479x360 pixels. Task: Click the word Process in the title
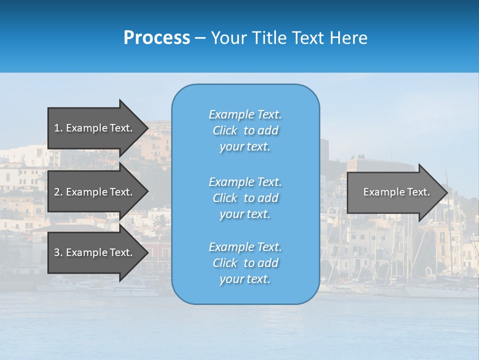pyautogui.click(x=157, y=38)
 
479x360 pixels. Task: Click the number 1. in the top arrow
pyautogui.click(x=58, y=128)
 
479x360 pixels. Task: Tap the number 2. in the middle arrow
pyautogui.click(x=58, y=192)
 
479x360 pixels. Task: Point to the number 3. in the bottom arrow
pyautogui.click(x=58, y=252)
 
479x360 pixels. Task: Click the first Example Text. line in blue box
pyautogui.click(x=245, y=114)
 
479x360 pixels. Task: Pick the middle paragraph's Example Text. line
pyautogui.click(x=245, y=182)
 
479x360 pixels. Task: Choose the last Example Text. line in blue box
pyautogui.click(x=245, y=247)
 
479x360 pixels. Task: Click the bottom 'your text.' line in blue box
pyautogui.click(x=245, y=279)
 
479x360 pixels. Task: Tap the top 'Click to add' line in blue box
pyautogui.click(x=245, y=130)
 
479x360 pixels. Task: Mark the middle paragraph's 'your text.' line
pyautogui.click(x=245, y=214)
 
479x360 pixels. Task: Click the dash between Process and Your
pyautogui.click(x=200, y=38)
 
